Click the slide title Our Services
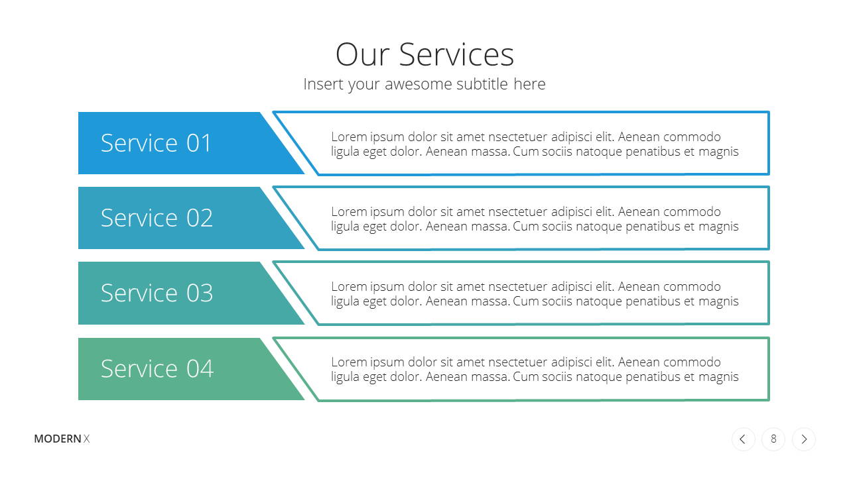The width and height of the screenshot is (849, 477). (424, 54)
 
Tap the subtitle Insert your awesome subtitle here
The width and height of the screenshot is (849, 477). (424, 84)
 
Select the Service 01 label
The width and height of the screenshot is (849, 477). (156, 143)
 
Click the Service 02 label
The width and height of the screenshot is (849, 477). (157, 218)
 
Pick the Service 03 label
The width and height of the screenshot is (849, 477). (157, 293)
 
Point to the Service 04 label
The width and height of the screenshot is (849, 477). (157, 368)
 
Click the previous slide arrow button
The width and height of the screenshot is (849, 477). (744, 439)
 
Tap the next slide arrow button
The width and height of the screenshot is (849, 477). (803, 439)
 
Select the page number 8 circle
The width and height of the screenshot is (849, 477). (773, 439)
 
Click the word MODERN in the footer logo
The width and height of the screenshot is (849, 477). (58, 439)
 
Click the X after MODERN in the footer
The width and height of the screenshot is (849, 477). (86, 439)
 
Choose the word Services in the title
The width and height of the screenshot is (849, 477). (456, 54)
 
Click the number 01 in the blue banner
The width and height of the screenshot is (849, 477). (198, 143)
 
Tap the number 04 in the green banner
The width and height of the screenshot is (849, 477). (200, 368)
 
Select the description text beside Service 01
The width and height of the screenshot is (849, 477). (535, 144)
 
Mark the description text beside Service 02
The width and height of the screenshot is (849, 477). (535, 219)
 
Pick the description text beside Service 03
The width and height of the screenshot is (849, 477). (535, 293)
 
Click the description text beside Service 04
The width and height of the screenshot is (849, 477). (535, 369)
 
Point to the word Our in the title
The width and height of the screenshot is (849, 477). (363, 54)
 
